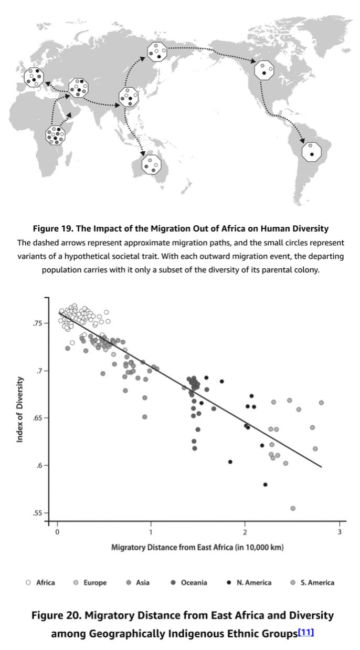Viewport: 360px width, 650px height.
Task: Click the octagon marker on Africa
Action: [x=56, y=135]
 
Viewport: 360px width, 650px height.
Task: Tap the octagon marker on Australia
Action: [x=151, y=165]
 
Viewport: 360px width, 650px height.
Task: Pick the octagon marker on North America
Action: [x=264, y=70]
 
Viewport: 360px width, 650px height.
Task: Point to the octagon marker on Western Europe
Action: [x=34, y=78]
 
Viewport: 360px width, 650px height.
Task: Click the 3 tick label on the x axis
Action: [x=339, y=531]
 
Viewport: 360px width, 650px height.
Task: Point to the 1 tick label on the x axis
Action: [x=151, y=531]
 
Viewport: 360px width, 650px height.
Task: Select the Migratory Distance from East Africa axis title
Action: [x=197, y=548]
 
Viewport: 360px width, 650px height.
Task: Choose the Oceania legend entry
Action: [x=189, y=582]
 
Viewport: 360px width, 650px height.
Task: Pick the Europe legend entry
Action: [x=90, y=582]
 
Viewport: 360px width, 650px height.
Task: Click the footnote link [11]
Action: [x=305, y=633]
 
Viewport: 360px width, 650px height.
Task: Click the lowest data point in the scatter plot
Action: [x=292, y=508]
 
